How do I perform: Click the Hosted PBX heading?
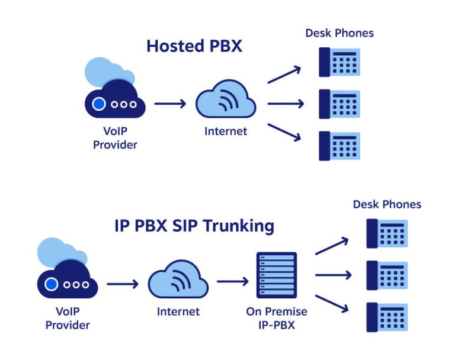coord(194,46)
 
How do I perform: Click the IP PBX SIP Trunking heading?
coord(194,226)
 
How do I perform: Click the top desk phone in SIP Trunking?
coord(387,233)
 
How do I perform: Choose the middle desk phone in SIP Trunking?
coord(387,275)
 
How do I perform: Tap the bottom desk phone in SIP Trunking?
coord(387,317)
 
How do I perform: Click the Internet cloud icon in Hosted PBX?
coord(226,102)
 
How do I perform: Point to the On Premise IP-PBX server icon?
coord(277,275)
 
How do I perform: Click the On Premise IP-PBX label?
coord(277,318)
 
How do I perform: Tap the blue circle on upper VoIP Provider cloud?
coord(99,104)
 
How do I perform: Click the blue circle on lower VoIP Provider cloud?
coord(52,284)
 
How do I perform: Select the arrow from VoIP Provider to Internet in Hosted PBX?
coord(170,104)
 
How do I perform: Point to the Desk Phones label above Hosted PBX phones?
coord(339,33)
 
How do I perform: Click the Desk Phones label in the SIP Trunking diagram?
coord(387,204)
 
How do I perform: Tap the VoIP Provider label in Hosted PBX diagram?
coord(115,138)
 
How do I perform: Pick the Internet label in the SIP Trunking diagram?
coord(178,311)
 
